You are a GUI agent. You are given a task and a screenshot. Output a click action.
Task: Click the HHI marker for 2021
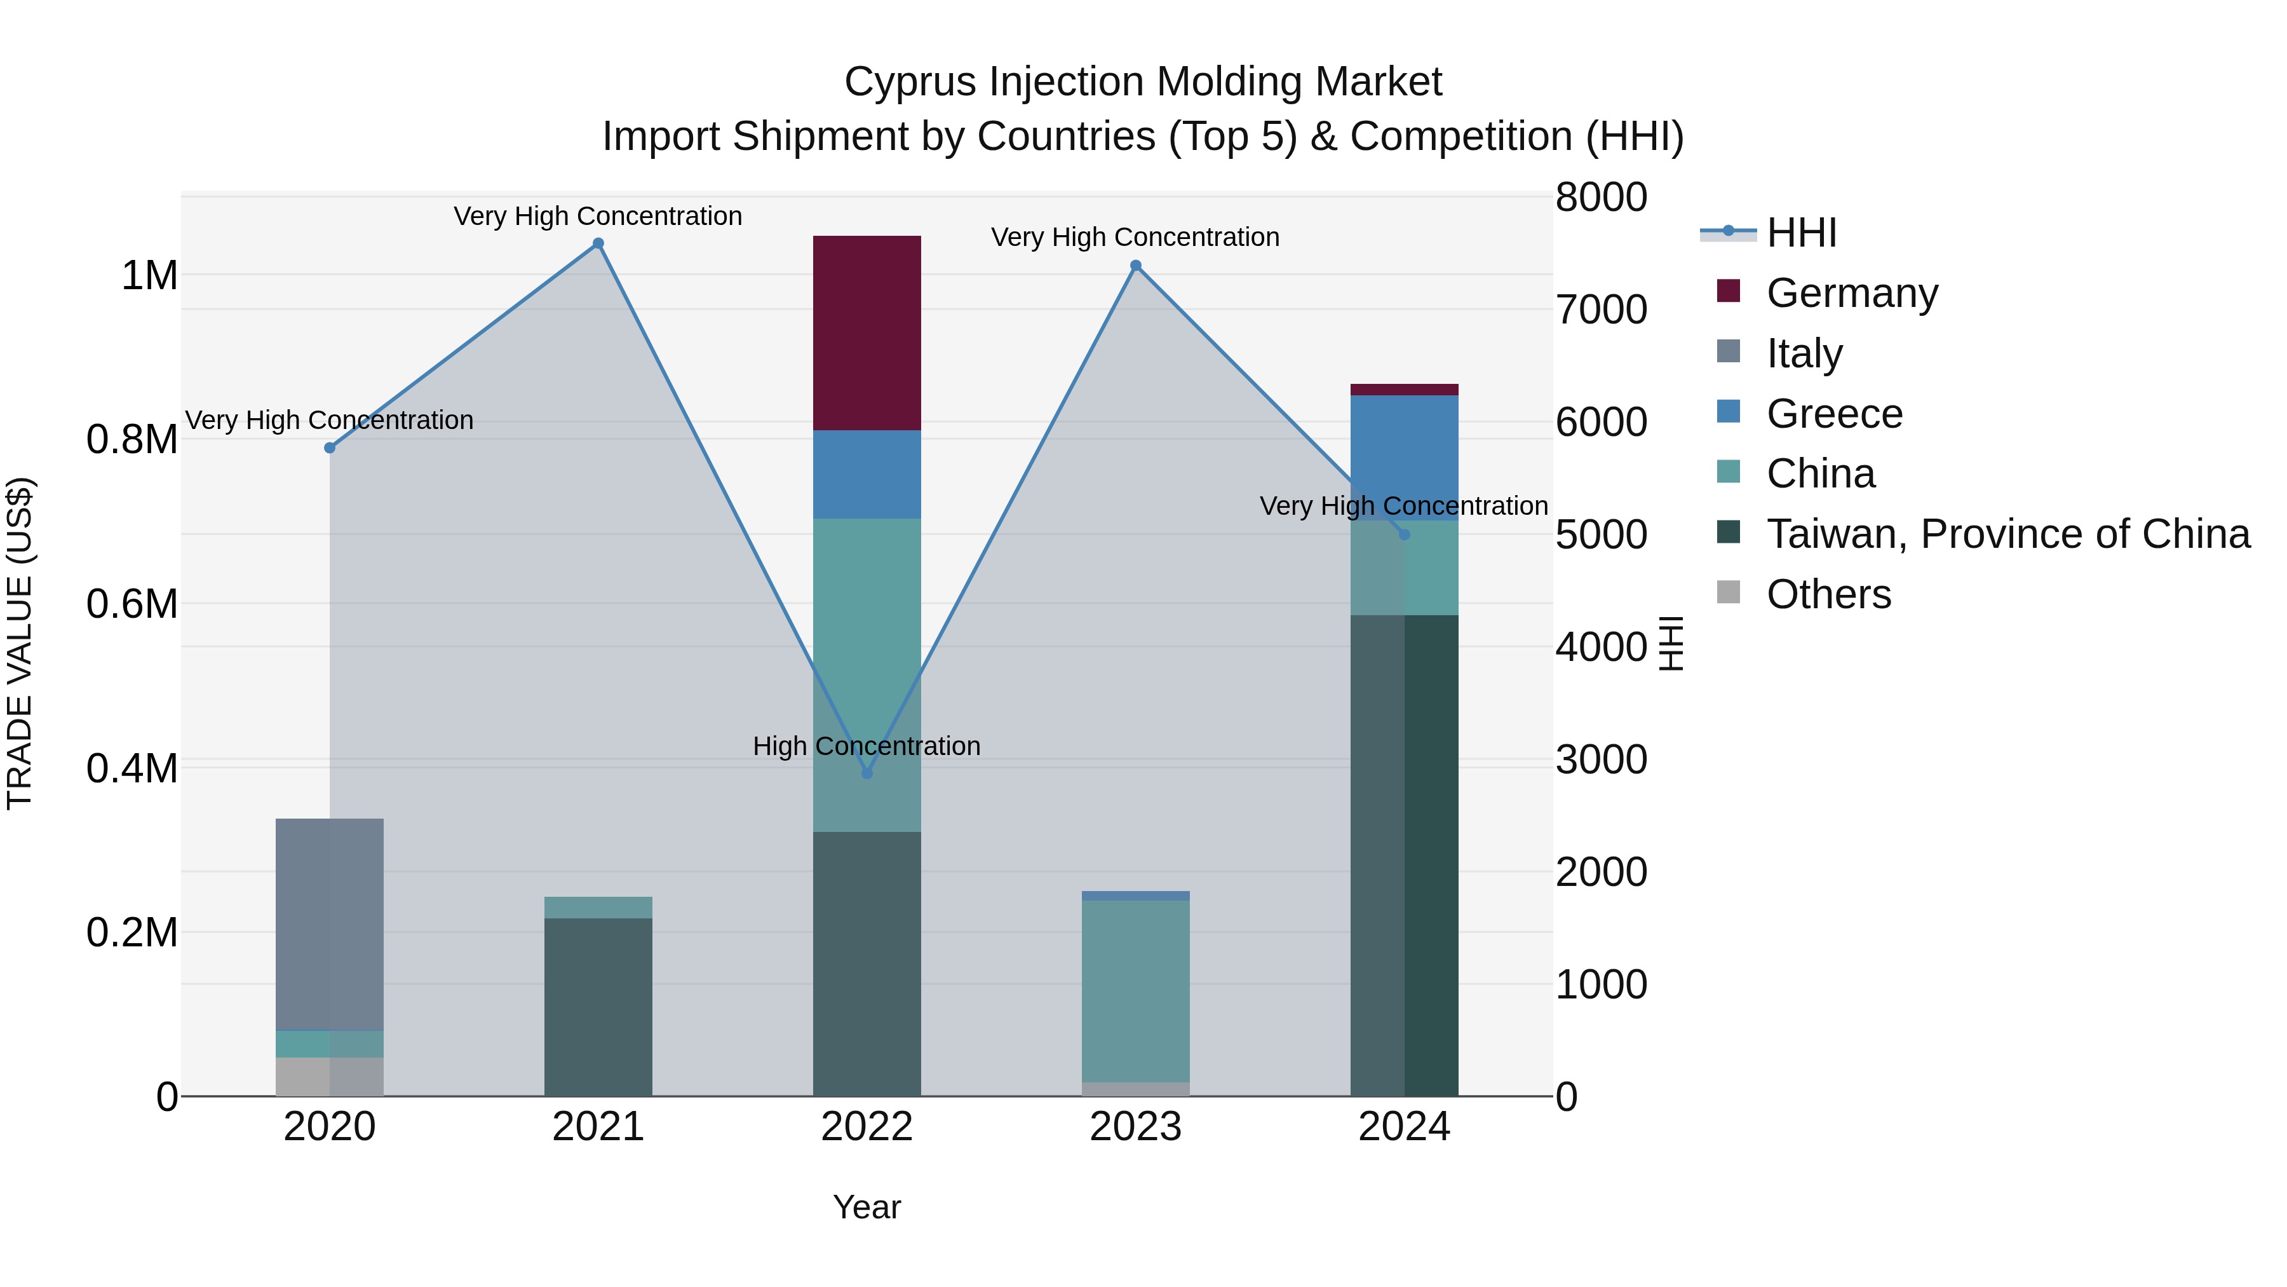pos(598,243)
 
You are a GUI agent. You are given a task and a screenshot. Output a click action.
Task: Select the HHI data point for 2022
pos(867,773)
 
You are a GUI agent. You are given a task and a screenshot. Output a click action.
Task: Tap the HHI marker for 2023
pos(1135,266)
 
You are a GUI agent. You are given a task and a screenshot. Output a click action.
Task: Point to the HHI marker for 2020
pos(330,447)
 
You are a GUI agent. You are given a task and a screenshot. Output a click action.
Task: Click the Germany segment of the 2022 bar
pos(867,333)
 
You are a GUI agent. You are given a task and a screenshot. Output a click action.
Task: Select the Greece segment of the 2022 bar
pos(867,474)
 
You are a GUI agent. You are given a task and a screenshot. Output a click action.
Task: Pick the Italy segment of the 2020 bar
pos(330,923)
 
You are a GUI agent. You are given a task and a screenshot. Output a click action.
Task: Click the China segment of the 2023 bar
pos(1135,990)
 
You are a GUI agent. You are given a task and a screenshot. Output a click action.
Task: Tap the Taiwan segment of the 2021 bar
pos(598,1006)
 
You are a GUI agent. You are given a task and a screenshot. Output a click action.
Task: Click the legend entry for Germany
pos(1851,293)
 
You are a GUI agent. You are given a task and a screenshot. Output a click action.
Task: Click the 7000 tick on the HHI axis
pos(1602,310)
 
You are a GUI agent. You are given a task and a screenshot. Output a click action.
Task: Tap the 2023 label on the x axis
pos(1135,1127)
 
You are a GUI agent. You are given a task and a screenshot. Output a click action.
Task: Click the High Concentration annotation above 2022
pos(867,746)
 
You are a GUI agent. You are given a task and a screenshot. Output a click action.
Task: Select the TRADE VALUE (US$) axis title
pos(20,643)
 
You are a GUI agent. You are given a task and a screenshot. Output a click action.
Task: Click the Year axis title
pos(867,1207)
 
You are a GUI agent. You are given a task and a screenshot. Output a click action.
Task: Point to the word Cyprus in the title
pos(911,82)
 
